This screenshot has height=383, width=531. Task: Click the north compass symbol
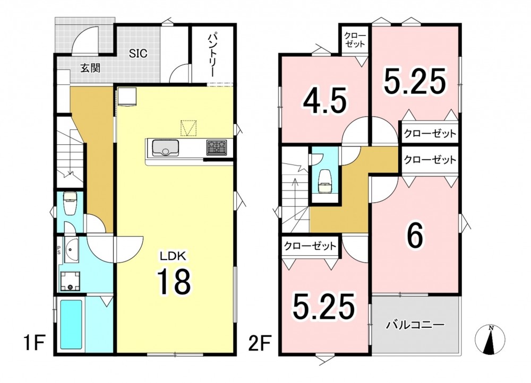point(490,340)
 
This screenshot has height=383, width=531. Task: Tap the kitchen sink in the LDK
point(166,148)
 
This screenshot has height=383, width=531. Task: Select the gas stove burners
point(217,148)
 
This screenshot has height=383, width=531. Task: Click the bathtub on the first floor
point(71,325)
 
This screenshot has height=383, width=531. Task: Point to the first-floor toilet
point(71,203)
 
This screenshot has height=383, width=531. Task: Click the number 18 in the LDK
point(174,282)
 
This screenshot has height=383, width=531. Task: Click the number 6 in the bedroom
point(416,236)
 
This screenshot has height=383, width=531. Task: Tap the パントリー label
point(211,54)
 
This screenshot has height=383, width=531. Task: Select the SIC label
point(138,53)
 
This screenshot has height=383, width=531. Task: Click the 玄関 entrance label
point(90,68)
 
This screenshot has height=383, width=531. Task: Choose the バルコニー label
point(416,325)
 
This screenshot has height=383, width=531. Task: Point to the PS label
point(58,250)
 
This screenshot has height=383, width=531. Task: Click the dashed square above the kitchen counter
point(189,128)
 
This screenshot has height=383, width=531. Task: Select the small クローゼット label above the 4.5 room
point(355,40)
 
